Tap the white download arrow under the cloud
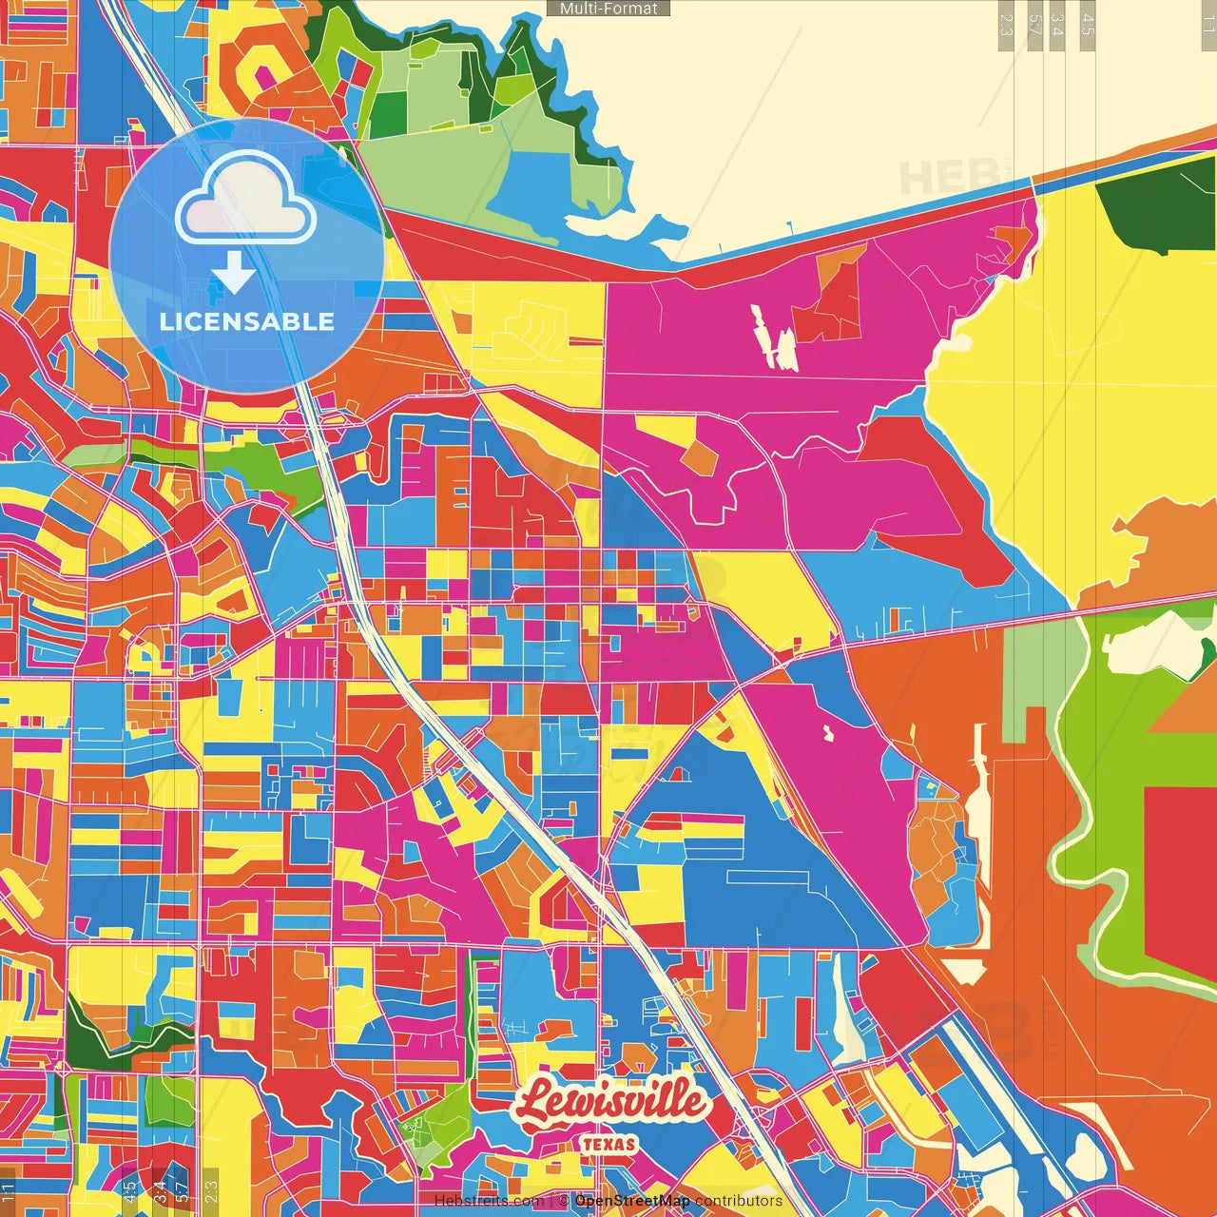click(x=234, y=272)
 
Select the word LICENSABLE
click(x=246, y=321)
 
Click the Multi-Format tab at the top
click(x=608, y=9)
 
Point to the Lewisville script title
click(x=611, y=1103)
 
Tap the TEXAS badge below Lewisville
click(x=608, y=1144)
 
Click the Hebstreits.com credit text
click(x=489, y=1201)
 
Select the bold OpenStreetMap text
click(x=631, y=1201)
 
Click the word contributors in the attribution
click(x=739, y=1201)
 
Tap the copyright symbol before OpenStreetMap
click(x=563, y=1201)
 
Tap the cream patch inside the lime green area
click(x=1155, y=646)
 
